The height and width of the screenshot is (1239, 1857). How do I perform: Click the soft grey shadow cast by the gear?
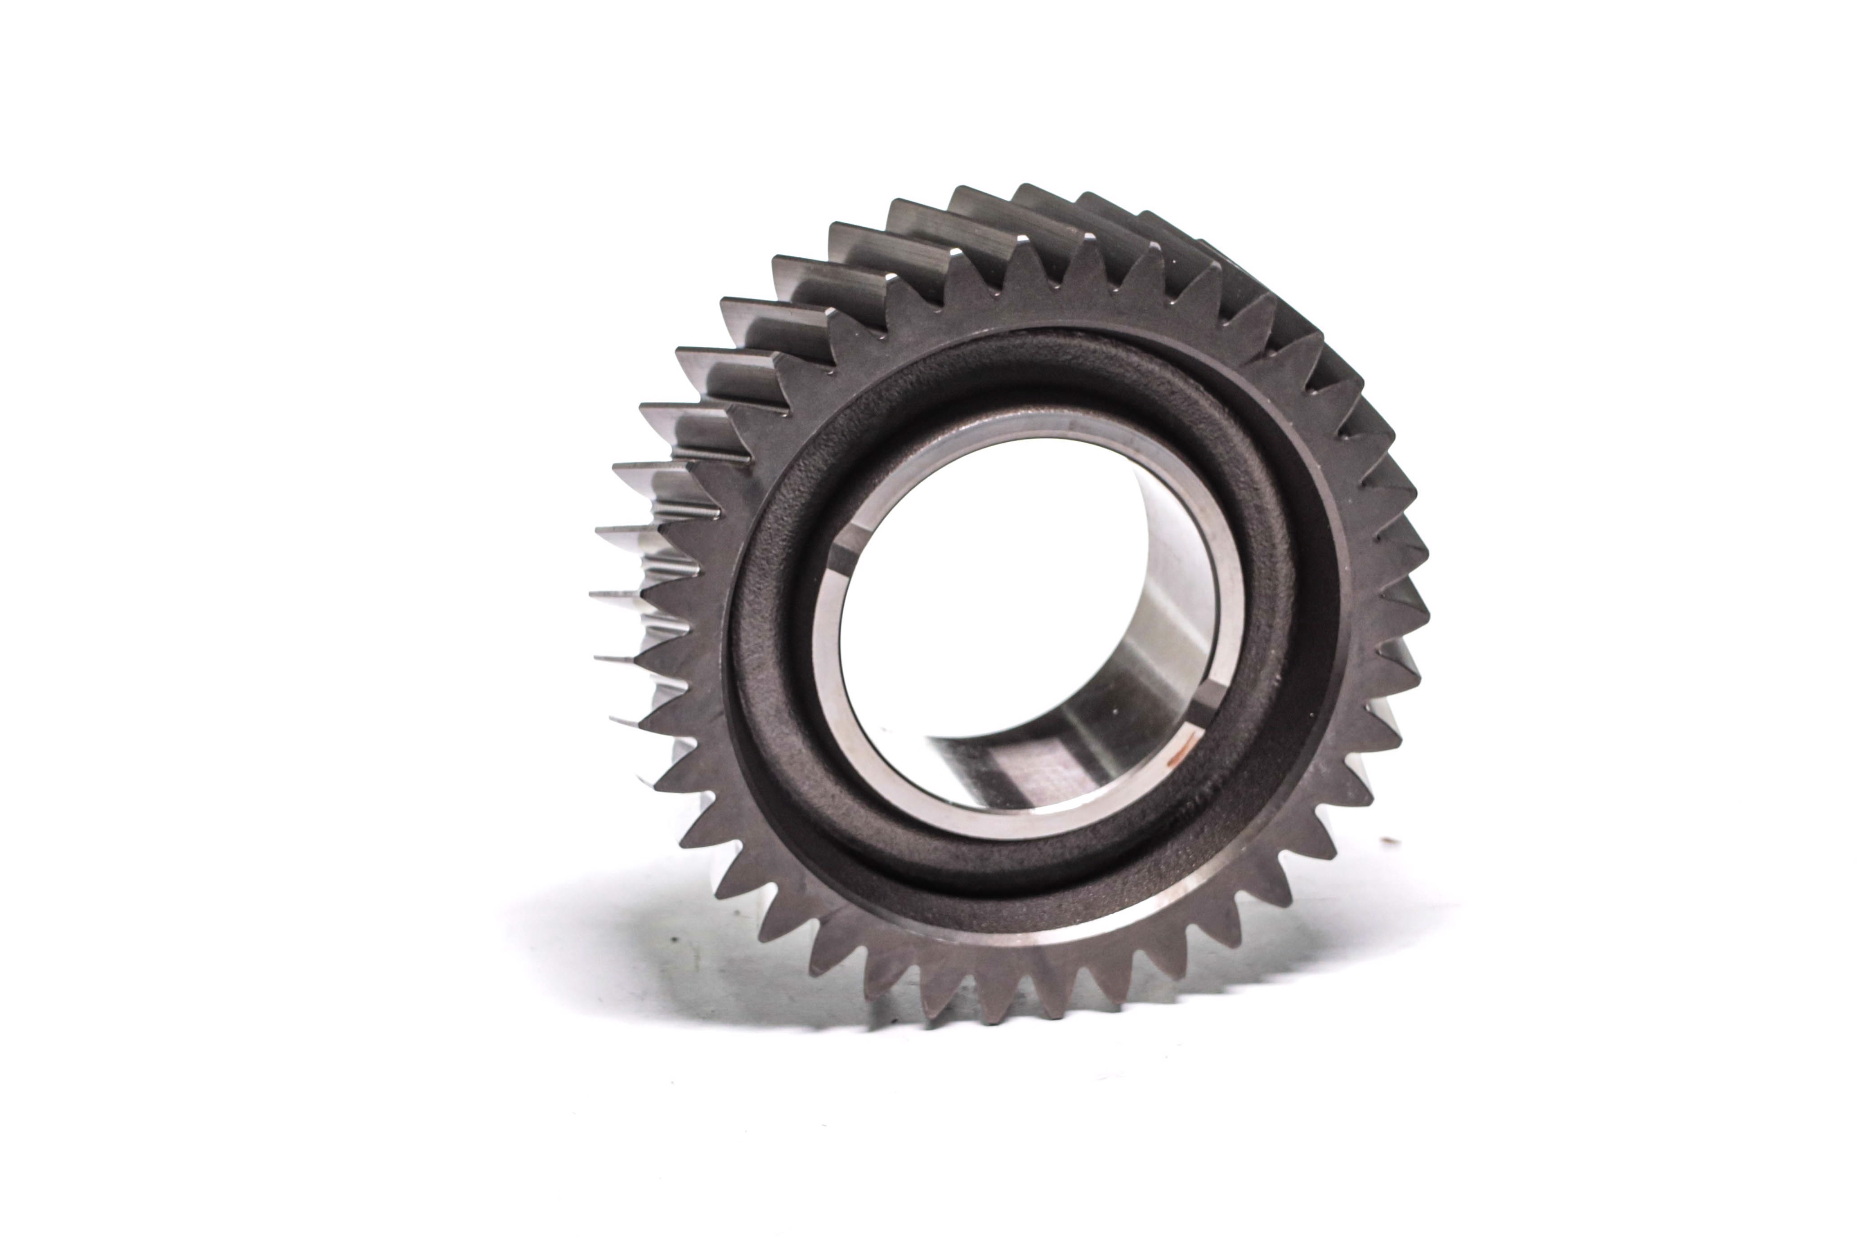point(632,948)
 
